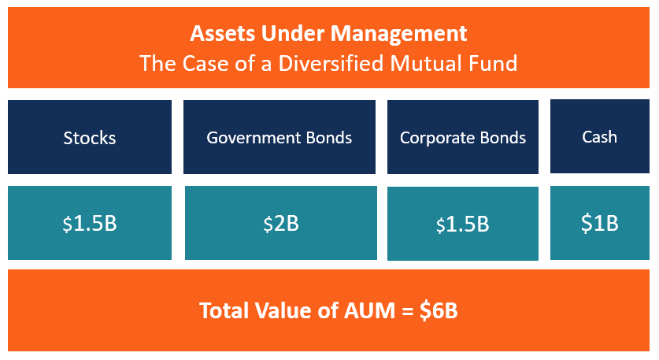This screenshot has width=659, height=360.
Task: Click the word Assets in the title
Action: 217,34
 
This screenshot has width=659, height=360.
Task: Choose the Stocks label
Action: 90,138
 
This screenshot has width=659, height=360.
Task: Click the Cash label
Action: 599,136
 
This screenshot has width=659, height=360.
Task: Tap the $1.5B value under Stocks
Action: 90,223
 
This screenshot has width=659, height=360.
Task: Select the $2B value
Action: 281,223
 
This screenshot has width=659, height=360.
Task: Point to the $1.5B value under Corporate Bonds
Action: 462,225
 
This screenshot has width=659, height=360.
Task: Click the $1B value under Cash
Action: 599,223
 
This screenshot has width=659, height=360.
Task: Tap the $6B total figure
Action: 438,310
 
